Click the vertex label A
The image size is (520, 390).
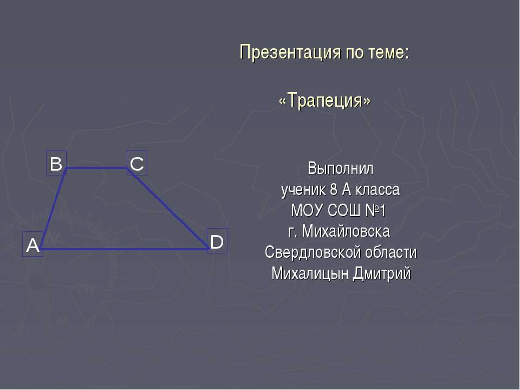click(33, 245)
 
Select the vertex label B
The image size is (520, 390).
click(56, 163)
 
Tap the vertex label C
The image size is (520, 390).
click(137, 163)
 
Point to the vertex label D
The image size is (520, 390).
click(217, 242)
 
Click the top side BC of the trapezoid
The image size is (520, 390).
click(96, 168)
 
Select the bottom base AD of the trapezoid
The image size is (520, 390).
click(125, 249)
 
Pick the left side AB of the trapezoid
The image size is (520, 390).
click(54, 209)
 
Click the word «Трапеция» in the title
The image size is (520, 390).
click(324, 100)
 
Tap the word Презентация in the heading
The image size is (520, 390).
click(287, 53)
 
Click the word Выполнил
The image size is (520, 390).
click(341, 168)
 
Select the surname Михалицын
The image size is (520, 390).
click(310, 274)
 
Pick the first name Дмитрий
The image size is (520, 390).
click(381, 274)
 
